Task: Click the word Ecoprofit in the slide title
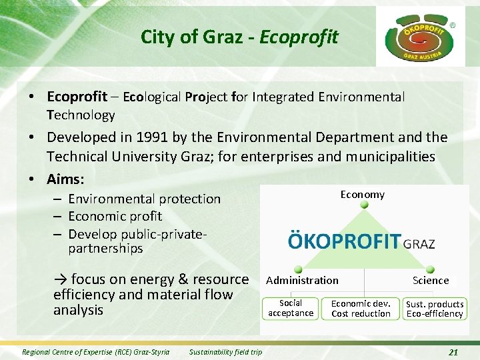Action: [299, 37]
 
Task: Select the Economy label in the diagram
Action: [362, 195]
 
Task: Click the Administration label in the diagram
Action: [302, 281]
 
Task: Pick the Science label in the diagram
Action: [431, 281]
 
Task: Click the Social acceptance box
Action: [291, 308]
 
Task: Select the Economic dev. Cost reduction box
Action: [361, 308]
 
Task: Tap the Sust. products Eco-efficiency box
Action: [435, 309]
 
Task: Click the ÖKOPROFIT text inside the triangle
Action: [344, 241]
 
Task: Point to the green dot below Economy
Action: [364, 205]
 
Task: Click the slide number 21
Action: [453, 352]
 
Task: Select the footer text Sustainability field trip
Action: [225, 352]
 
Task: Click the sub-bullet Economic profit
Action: [115, 216]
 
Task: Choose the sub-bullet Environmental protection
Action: [144, 199]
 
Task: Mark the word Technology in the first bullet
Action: [81, 115]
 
